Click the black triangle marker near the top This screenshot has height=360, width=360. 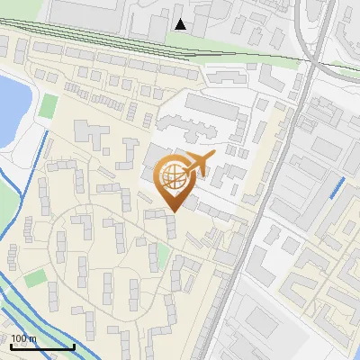[181, 24]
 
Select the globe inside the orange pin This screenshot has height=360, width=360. [173, 177]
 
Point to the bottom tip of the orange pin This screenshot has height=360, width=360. [173, 211]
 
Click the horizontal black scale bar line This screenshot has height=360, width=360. [41, 346]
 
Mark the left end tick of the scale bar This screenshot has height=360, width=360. [10, 345]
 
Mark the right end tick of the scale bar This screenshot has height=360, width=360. [73, 345]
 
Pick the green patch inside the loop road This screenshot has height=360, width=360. [163, 256]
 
